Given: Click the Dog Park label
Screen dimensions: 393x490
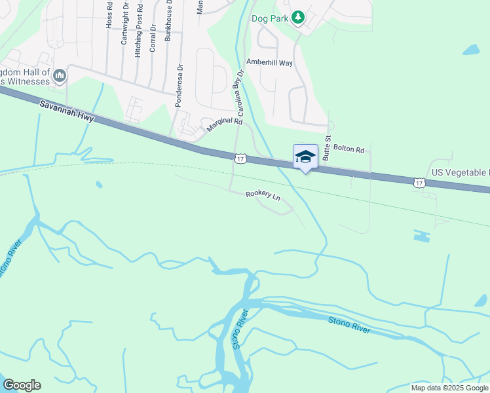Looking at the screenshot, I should point(269,18).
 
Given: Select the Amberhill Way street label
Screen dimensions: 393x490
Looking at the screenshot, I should point(269,62).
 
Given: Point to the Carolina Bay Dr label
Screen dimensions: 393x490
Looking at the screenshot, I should point(240,94).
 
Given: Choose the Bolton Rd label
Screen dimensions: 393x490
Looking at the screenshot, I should point(349,149).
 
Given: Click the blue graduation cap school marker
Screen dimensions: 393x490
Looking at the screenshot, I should point(305,157).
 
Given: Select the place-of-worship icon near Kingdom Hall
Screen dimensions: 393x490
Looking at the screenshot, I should point(60,77).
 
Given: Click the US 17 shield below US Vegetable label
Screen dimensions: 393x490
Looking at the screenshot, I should point(419,182).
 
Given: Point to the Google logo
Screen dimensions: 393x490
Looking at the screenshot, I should point(22,385).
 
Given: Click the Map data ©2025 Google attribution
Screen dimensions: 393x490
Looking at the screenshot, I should point(449,388).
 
